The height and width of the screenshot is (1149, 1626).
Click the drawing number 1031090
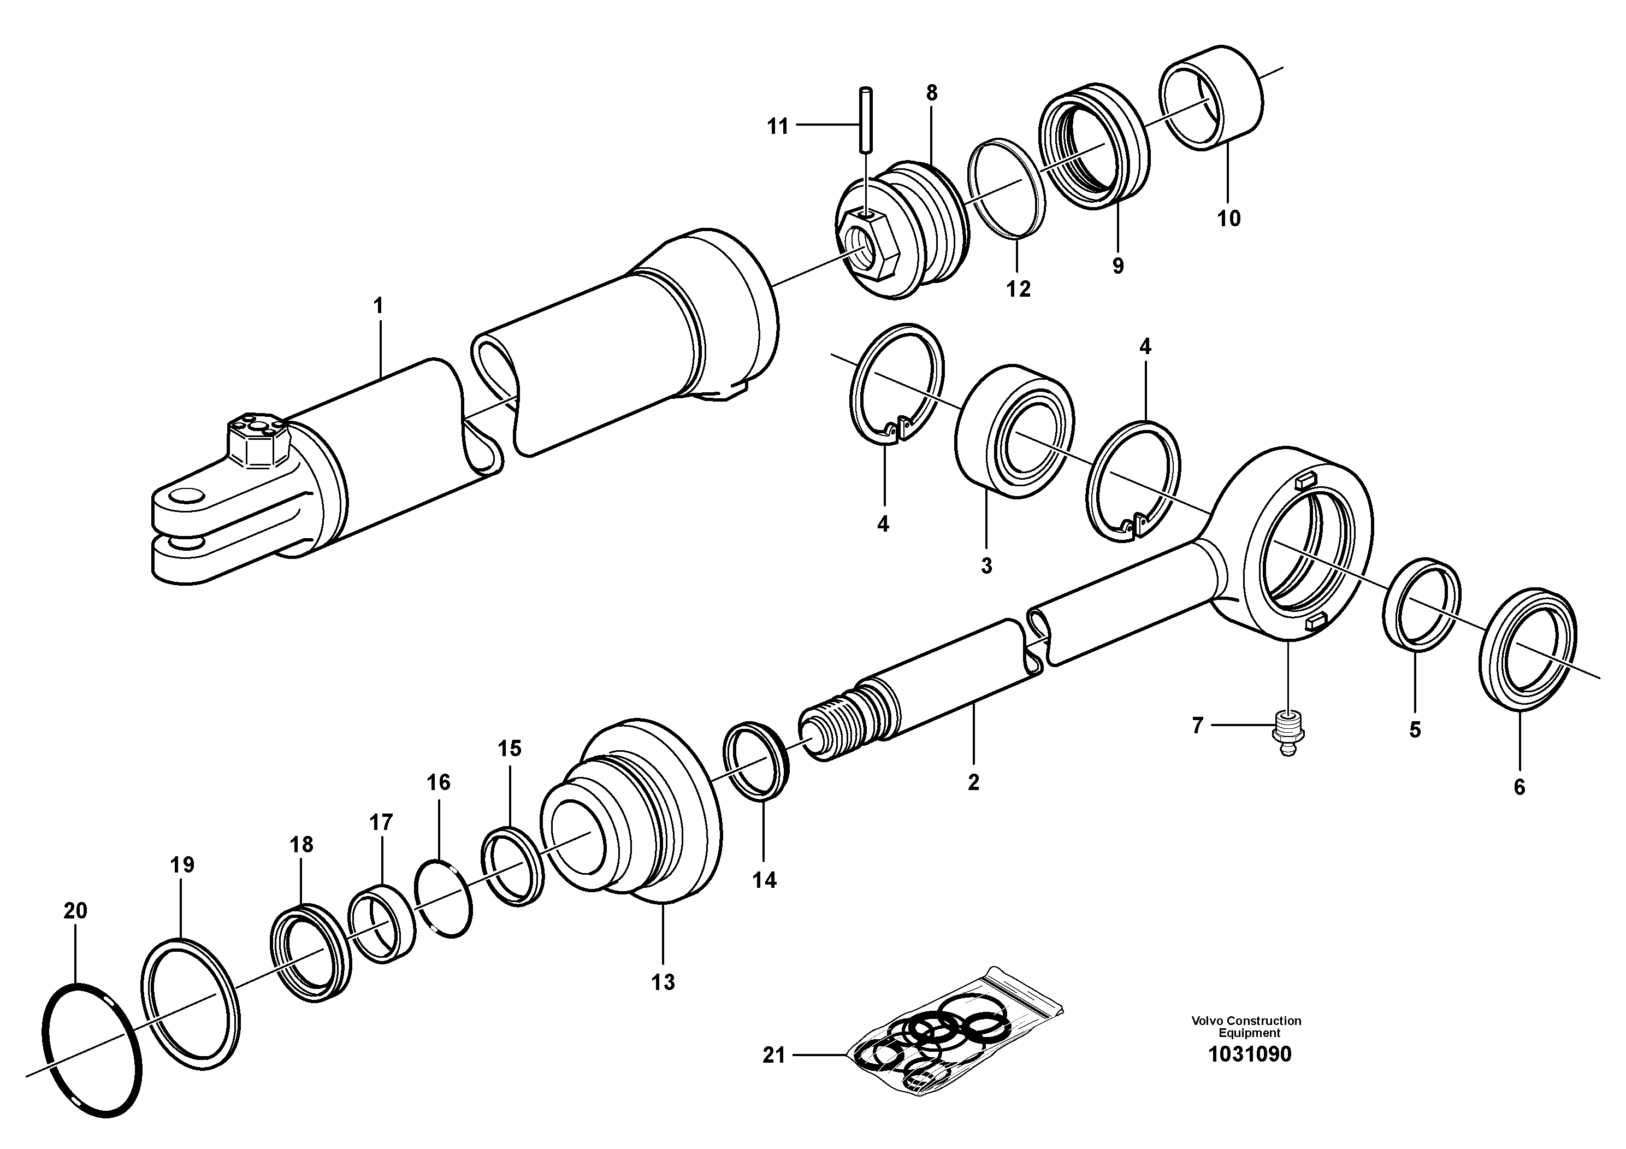click(x=1249, y=1054)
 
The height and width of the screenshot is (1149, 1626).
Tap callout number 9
click(x=1117, y=267)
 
